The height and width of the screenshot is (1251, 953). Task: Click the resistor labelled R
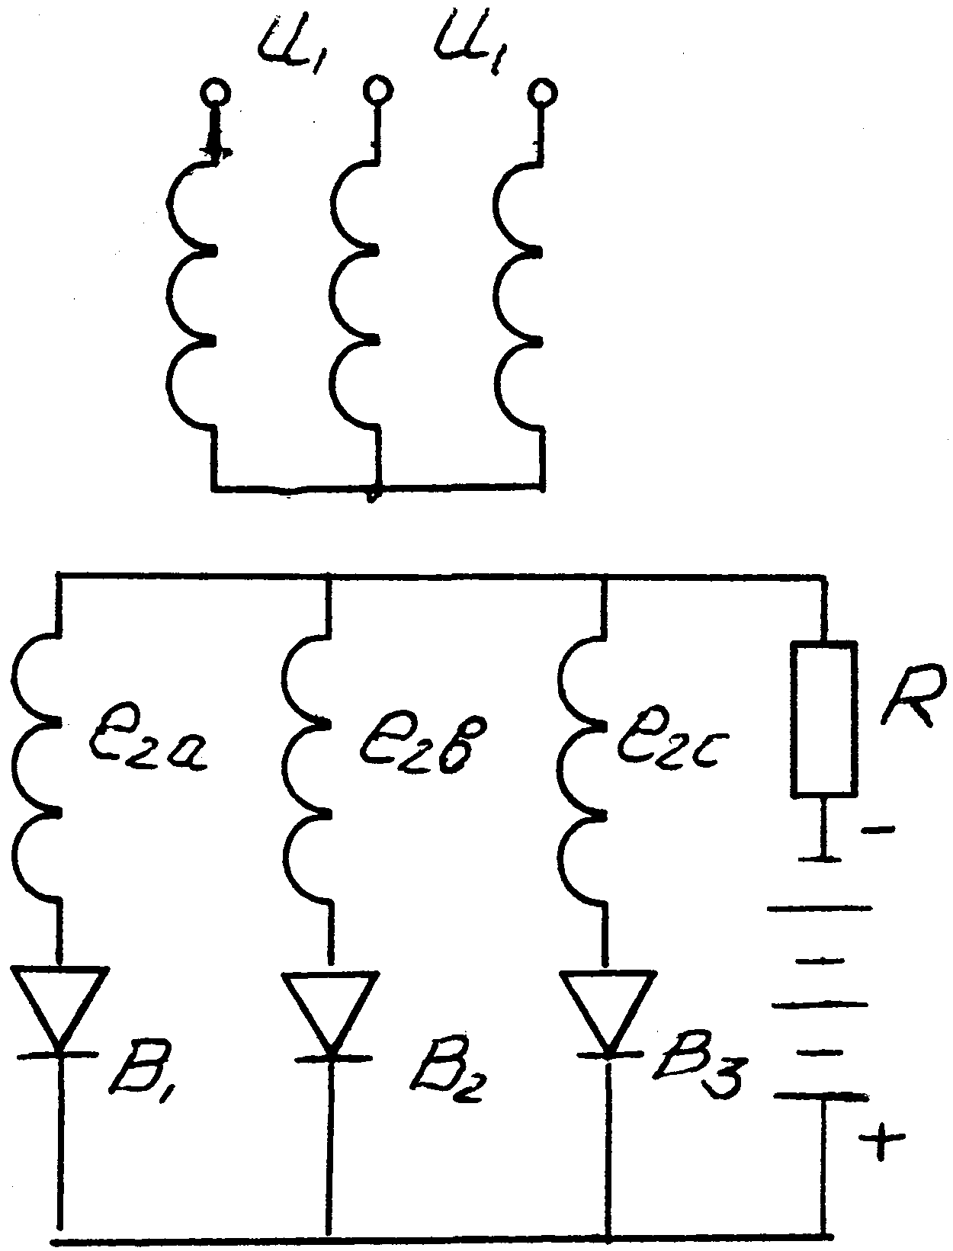[x=823, y=718]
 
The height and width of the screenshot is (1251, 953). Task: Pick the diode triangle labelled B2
[x=330, y=1015]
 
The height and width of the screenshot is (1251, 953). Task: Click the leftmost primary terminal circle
[x=216, y=91]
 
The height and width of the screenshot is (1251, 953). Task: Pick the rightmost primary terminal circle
[x=542, y=91]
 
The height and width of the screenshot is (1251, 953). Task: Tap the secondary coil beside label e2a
[x=35, y=770]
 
